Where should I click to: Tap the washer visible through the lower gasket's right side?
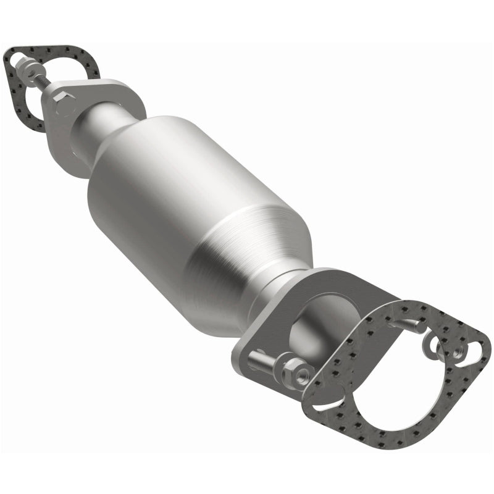click(432, 346)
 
